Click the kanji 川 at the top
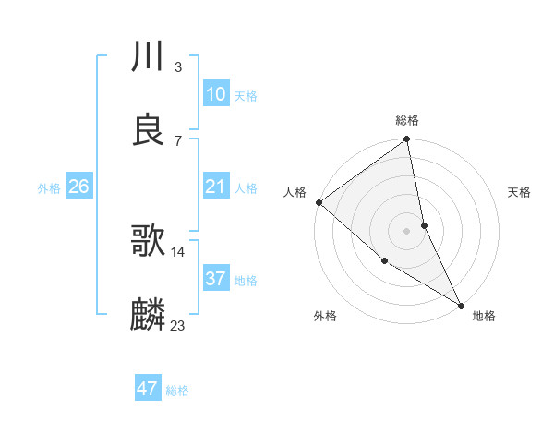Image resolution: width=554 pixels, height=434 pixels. coord(148,57)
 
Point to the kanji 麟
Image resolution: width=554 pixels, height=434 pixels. coord(148,315)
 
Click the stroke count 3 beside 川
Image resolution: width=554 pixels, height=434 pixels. coord(178,67)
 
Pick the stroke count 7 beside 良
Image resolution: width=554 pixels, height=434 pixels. coord(178,140)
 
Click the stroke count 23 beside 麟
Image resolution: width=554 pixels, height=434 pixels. coord(178,325)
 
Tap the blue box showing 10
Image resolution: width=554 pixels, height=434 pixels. coord(215,94)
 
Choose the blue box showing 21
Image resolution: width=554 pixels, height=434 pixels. coord(215,187)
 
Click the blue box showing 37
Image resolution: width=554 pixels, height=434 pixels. coord(215,279)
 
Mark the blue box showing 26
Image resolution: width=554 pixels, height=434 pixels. coord(78,187)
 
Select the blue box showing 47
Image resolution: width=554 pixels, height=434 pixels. coord(148,389)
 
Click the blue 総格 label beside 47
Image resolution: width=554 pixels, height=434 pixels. coord(177,391)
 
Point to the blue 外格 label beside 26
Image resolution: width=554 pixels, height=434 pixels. coord(49,188)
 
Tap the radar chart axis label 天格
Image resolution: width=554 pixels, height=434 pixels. coord(520,193)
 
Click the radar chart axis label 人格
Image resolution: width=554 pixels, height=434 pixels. coord(295,193)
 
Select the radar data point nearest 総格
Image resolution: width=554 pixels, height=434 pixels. coord(406,140)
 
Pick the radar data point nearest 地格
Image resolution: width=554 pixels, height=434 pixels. coord(461,304)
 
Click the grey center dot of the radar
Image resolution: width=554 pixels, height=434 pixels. coord(406,230)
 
